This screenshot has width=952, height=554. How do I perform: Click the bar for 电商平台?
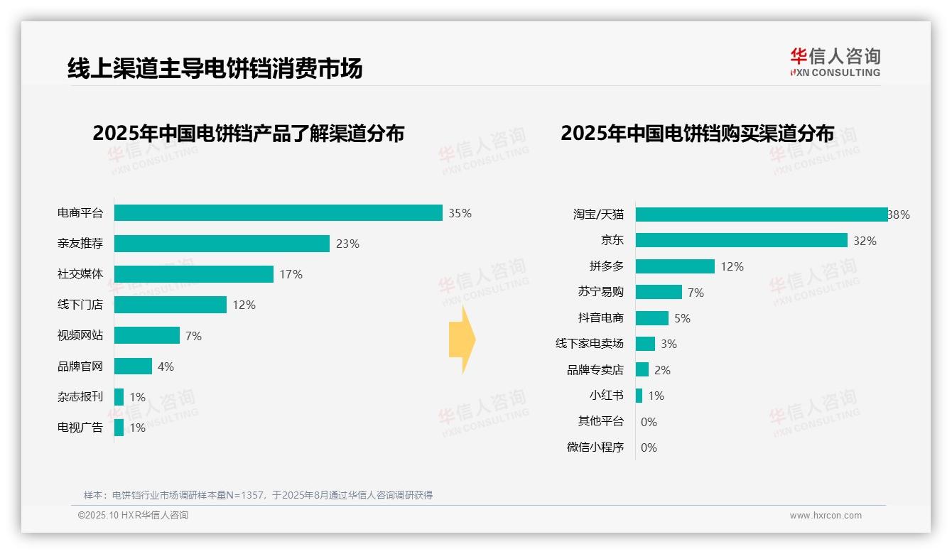pos(278,213)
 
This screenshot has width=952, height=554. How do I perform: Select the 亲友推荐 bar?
pos(222,244)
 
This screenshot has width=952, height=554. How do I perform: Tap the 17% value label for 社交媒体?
pos(291,274)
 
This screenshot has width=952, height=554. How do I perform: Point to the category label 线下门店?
pos(80,305)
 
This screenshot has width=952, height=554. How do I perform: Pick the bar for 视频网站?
pos(147,335)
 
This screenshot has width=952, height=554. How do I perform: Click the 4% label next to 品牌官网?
pos(166,366)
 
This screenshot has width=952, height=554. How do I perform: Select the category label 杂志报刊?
pos(80,397)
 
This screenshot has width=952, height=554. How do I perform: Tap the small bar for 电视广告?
pos(119,428)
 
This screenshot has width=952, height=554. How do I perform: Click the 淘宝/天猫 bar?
pos(762,214)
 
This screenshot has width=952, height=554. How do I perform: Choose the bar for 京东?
pos(741,241)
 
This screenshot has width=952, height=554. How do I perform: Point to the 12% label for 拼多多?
pos(732,266)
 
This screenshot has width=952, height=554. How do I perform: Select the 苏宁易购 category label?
pos(601,292)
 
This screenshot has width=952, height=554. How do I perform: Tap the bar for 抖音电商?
pos(652,318)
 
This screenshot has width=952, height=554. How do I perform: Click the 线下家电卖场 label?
pos(590,344)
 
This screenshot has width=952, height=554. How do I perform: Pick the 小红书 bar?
pos(639,396)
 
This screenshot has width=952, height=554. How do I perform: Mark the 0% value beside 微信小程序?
pos(649,447)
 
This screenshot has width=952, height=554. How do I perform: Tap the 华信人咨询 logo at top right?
pos(835,62)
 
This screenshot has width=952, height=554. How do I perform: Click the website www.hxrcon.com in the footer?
pos(826,516)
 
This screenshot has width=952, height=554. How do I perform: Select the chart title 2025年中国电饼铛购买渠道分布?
pos(697,134)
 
